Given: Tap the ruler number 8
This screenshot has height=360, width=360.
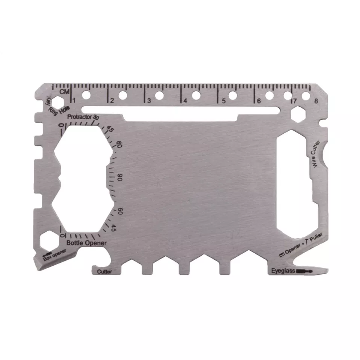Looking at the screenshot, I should pos(316,101).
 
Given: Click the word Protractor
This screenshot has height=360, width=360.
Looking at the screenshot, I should pos(80,117).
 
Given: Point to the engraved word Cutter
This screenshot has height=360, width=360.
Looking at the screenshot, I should pos(104,272).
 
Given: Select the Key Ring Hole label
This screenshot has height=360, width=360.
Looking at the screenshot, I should pos(54,107).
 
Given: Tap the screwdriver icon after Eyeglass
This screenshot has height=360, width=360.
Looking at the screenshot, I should pos(304,271).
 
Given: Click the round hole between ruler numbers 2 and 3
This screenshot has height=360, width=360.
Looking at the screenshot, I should pos(123,95).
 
